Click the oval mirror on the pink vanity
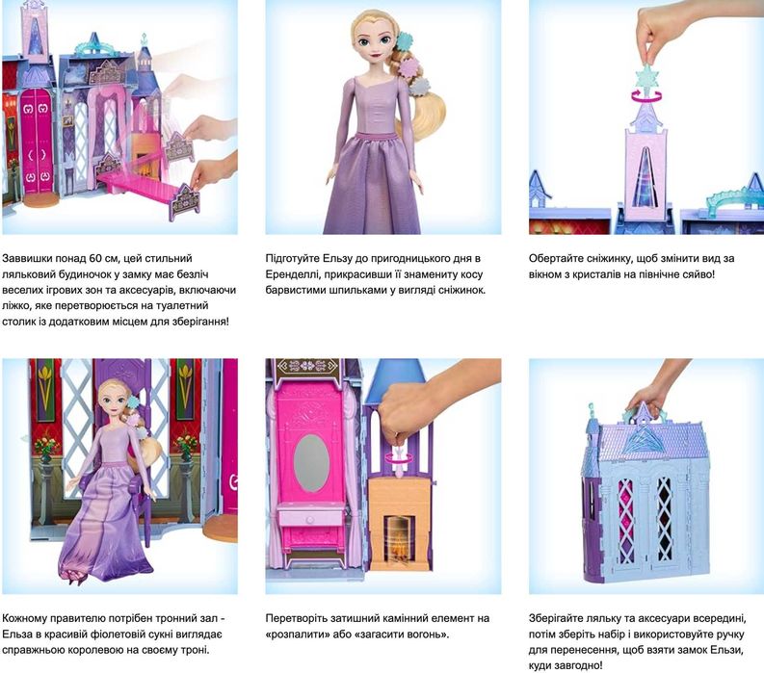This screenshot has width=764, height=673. (311, 462)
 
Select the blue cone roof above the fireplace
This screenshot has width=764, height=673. (401, 382)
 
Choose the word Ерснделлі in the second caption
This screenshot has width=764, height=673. (291, 274)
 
